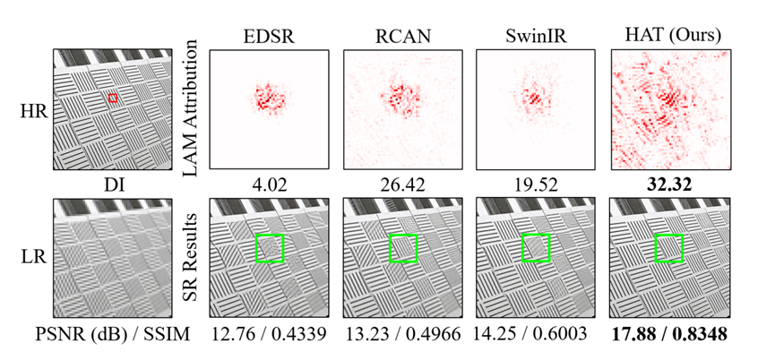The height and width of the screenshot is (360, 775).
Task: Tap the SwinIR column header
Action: point(533,35)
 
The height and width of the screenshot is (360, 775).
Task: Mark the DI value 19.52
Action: point(533,184)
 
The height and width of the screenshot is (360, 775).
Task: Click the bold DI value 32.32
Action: point(667,184)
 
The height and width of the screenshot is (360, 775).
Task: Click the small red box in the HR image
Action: point(113,97)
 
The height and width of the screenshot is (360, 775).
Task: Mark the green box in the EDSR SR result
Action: point(269,248)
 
